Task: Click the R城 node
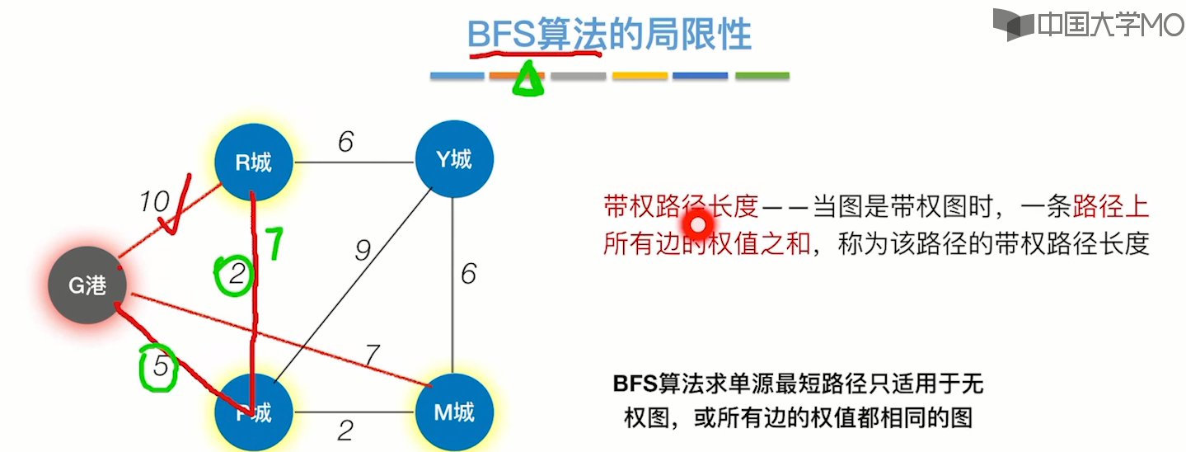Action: (x=253, y=162)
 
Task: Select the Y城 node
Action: (x=454, y=159)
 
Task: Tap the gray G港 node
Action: (x=87, y=285)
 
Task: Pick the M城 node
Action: (x=453, y=411)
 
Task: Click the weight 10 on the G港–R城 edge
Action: (x=154, y=200)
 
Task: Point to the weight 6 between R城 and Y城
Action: (x=346, y=142)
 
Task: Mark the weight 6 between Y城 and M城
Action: (x=468, y=274)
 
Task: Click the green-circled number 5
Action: (x=160, y=365)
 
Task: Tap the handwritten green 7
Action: (x=274, y=244)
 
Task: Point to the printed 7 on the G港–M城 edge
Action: (x=372, y=356)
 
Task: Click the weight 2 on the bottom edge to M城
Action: (x=346, y=431)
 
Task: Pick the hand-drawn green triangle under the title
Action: (x=527, y=81)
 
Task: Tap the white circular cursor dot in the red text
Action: (x=698, y=223)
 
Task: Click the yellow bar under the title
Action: (x=640, y=76)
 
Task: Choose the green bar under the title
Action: (x=762, y=76)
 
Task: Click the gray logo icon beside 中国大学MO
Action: (x=1012, y=23)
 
